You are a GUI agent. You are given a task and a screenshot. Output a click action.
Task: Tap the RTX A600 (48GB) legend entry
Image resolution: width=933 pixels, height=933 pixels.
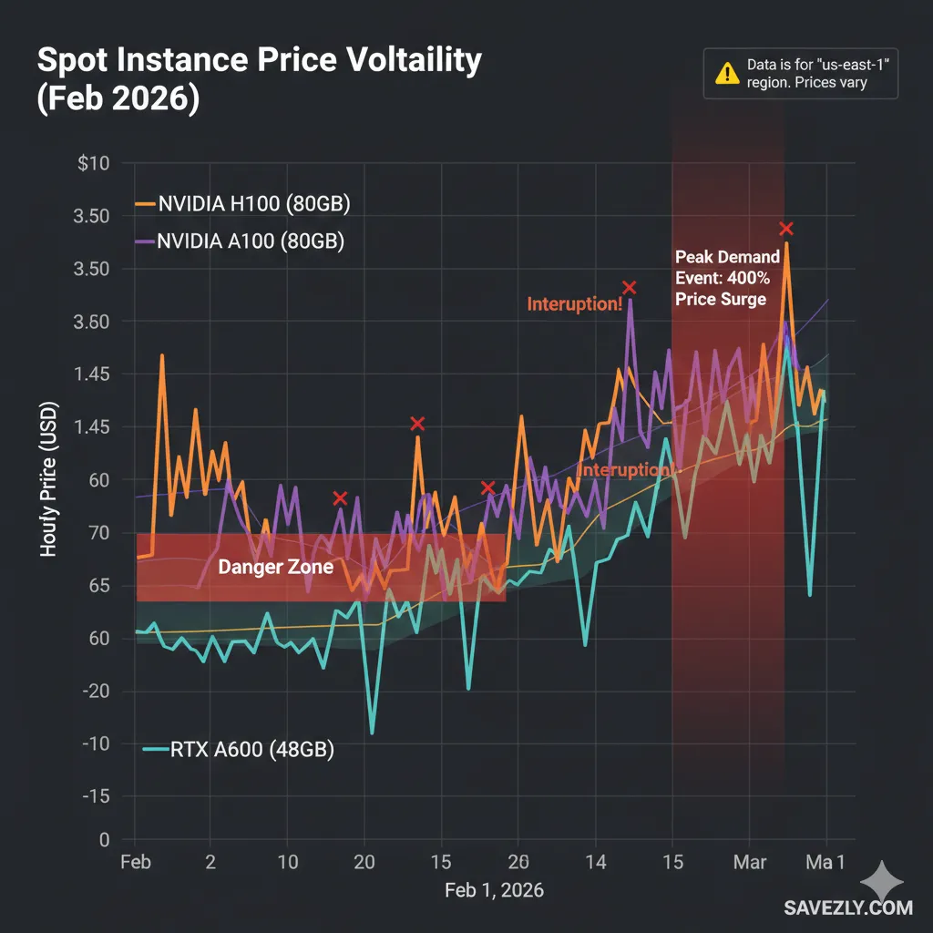241,751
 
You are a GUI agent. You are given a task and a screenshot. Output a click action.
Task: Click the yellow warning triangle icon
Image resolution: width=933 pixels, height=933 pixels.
727,74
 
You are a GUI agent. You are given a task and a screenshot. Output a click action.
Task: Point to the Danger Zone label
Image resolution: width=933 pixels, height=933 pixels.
275,567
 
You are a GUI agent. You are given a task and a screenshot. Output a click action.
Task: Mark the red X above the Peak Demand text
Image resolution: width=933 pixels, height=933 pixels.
785,229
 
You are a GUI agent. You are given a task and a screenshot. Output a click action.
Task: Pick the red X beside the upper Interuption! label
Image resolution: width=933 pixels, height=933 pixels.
629,288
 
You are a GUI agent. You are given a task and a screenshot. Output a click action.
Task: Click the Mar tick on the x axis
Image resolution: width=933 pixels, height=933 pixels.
749,861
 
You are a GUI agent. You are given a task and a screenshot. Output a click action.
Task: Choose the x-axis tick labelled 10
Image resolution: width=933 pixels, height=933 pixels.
287,861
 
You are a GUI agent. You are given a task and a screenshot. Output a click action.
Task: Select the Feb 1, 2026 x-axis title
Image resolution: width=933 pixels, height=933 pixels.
494,890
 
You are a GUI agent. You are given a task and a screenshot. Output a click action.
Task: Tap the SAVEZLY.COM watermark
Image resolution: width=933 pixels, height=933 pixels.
847,907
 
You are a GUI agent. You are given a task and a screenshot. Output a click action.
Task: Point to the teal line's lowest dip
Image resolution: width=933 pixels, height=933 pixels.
372,732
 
